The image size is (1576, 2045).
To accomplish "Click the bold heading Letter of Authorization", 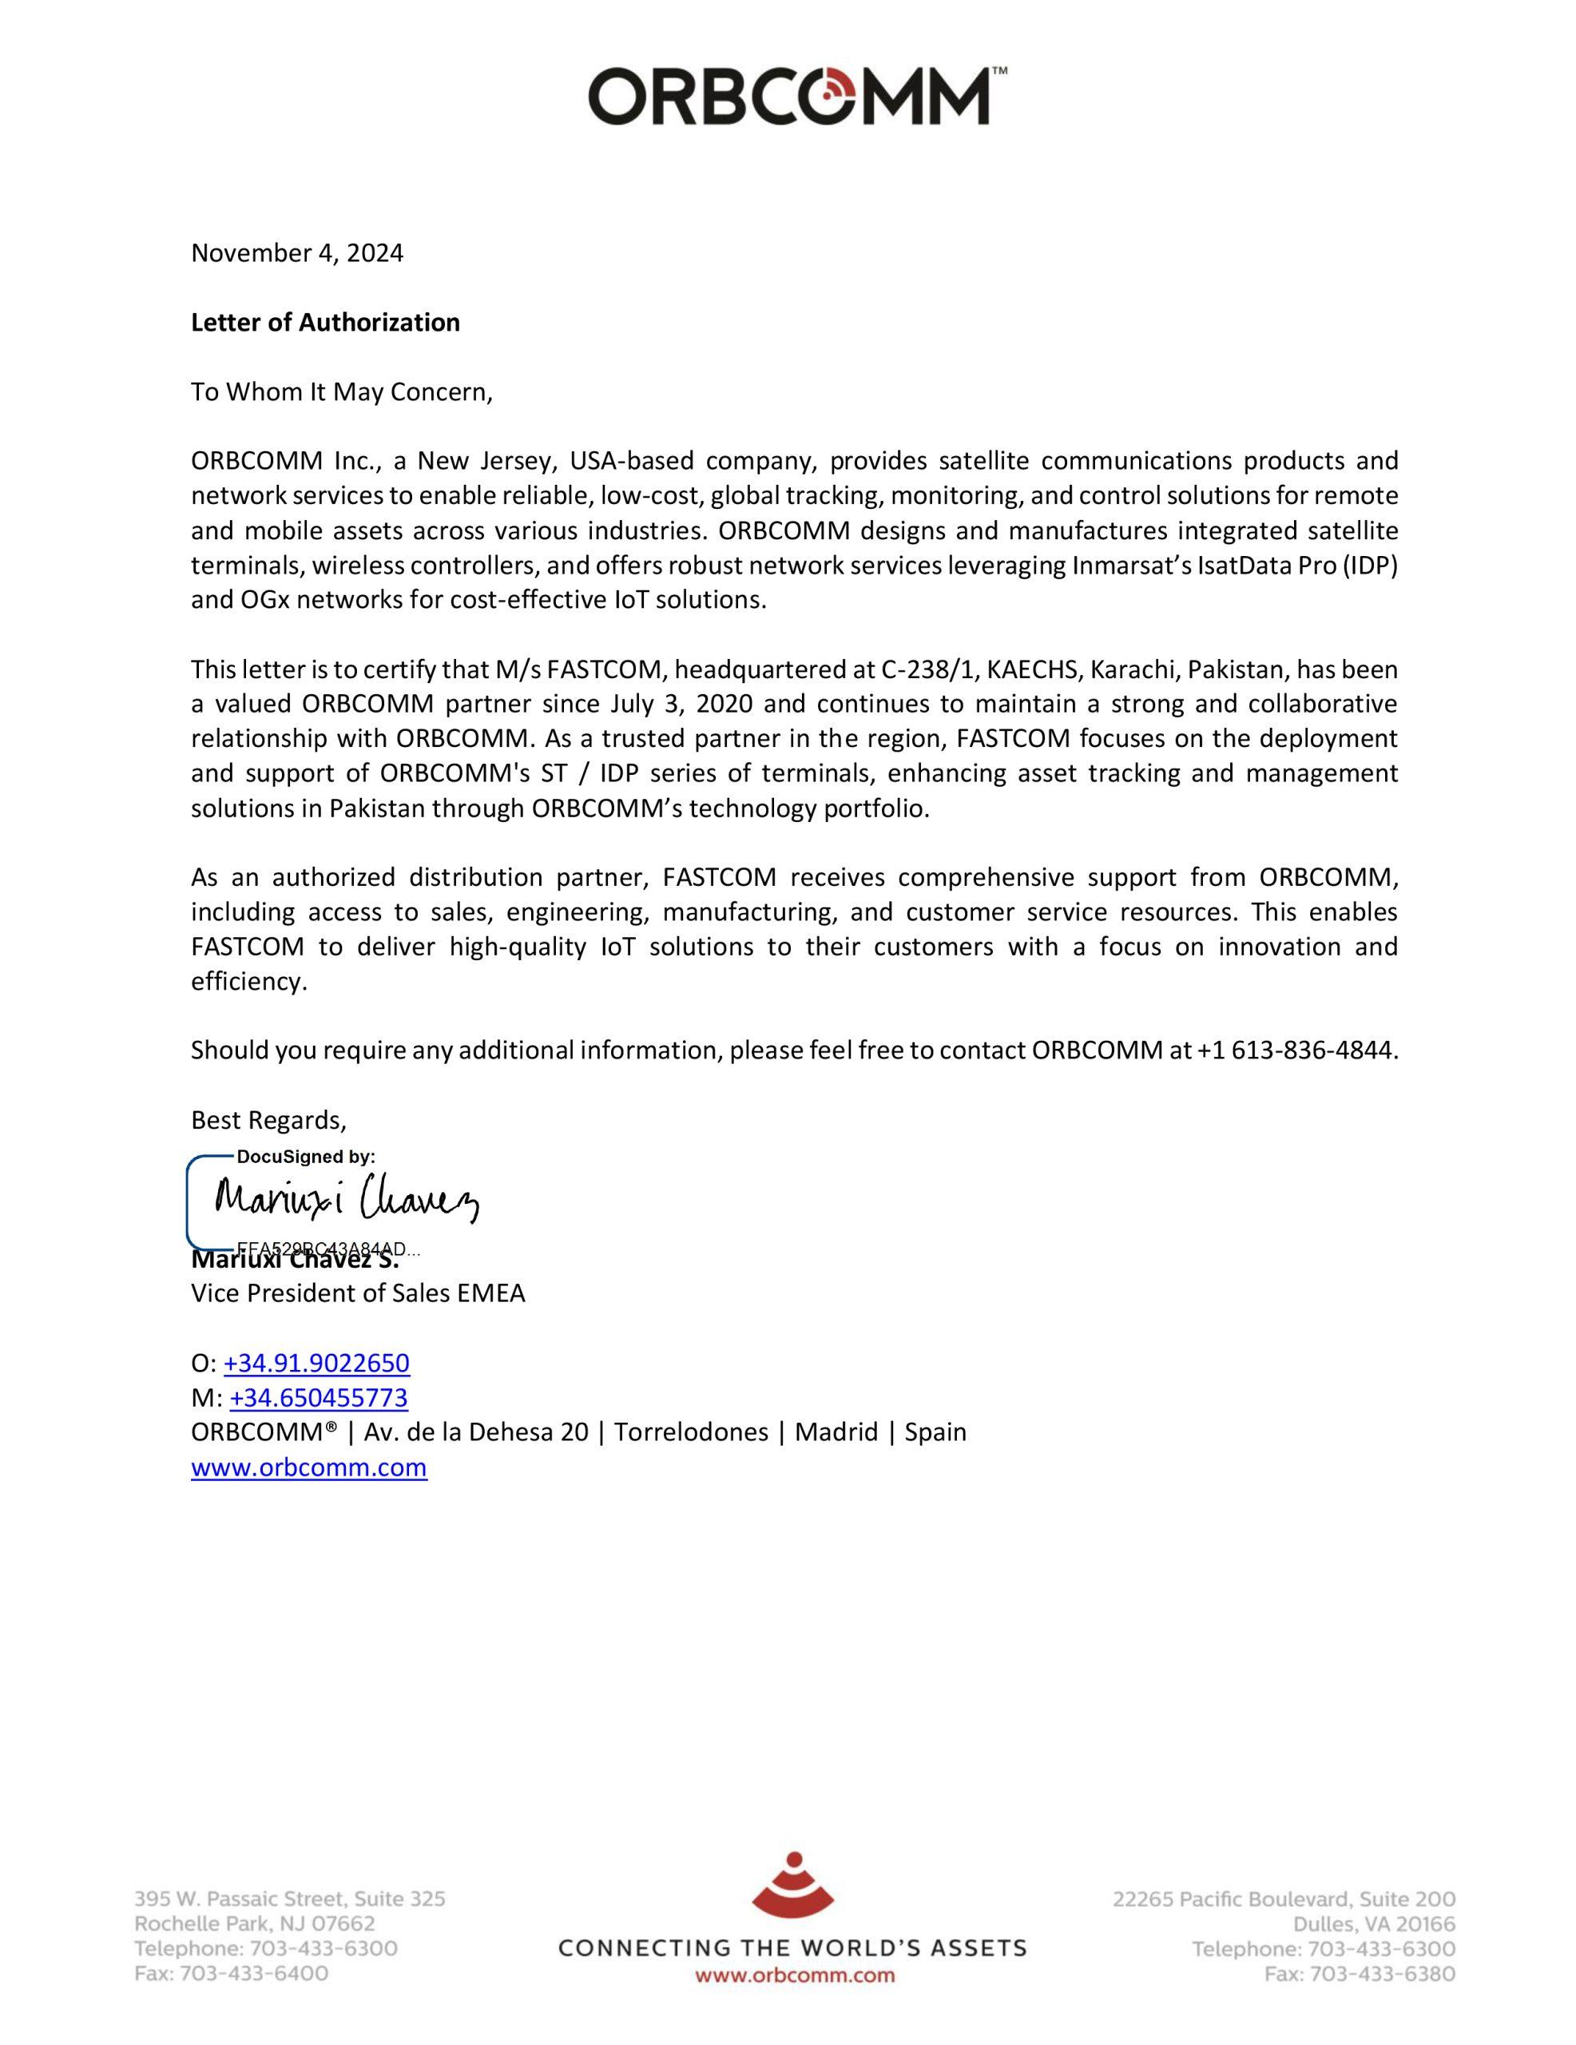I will pyautogui.click(x=325, y=323).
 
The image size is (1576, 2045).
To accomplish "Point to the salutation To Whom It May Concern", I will pyautogui.click(x=341, y=392).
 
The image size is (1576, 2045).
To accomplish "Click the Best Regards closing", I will pyautogui.click(x=268, y=1120).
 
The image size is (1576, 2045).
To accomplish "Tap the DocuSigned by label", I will pyautogui.click(x=305, y=1158).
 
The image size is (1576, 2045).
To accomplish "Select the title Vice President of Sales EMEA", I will pyautogui.click(x=358, y=1294).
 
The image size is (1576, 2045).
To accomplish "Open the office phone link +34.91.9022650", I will pyautogui.click(x=316, y=1364).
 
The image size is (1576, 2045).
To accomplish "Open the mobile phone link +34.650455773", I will pyautogui.click(x=319, y=1398).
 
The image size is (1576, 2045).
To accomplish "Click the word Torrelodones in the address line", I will pyautogui.click(x=691, y=1432).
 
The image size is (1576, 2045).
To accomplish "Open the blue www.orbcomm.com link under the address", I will pyautogui.click(x=309, y=1467).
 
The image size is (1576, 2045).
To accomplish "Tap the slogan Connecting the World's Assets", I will pyautogui.click(x=792, y=1949).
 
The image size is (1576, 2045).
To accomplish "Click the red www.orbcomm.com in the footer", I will pyautogui.click(x=794, y=1976).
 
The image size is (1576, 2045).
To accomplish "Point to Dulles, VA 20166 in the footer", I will pyautogui.click(x=1374, y=1925).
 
